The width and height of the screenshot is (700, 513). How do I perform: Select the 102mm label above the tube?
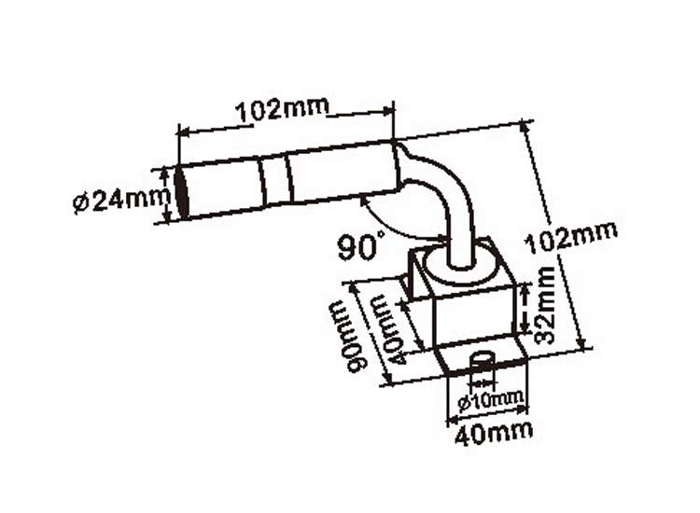[282, 108]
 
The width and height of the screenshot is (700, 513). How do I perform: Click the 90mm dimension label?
[354, 337]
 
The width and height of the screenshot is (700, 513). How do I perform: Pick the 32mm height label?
[545, 305]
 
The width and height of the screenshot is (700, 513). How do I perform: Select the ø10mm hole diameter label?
[490, 400]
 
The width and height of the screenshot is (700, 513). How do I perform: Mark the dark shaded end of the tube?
[182, 192]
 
